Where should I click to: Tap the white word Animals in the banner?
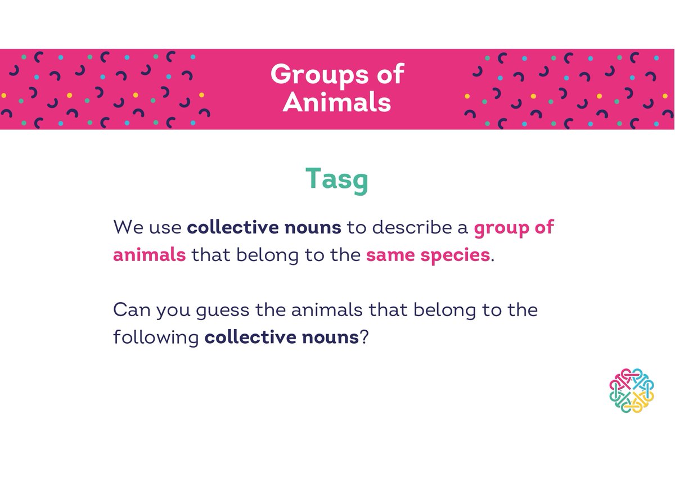(x=337, y=102)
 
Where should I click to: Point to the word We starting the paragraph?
(x=127, y=227)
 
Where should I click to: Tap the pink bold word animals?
(x=149, y=255)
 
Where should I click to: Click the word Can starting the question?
(x=130, y=310)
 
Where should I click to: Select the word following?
(x=156, y=338)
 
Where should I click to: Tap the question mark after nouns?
(x=363, y=337)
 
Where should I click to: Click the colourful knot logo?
(x=632, y=391)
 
